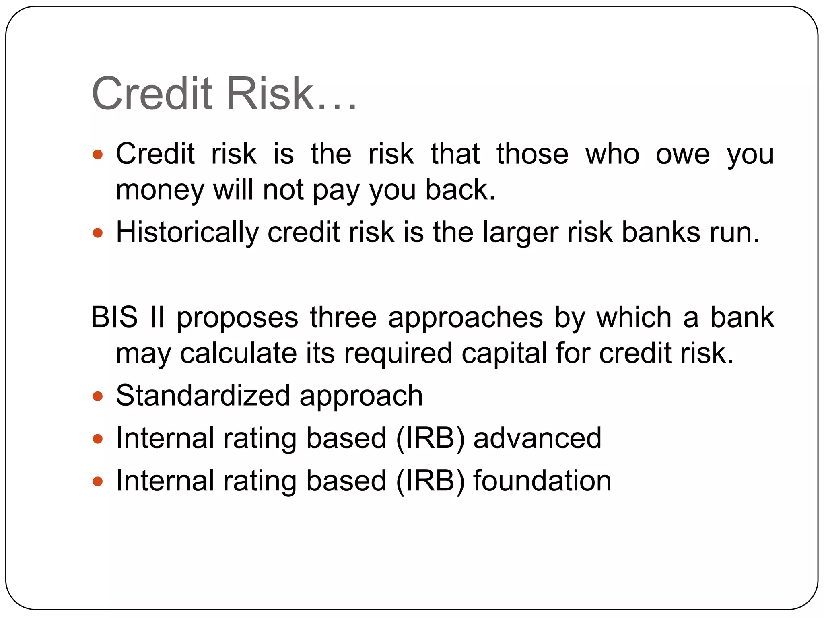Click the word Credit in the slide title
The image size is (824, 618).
pos(152,94)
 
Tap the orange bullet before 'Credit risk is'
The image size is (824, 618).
pos(98,154)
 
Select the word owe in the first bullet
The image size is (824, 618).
pos(683,154)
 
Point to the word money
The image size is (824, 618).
pos(160,190)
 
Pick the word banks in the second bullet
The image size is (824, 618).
pos(661,232)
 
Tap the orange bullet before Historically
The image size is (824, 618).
pos(98,233)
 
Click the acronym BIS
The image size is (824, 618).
pos(115,317)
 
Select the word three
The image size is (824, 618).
pos(343,317)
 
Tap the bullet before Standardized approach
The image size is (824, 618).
pos(98,397)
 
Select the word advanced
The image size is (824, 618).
pos(537,438)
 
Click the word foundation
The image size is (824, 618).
pos(542,481)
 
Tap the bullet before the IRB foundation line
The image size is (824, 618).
pos(98,481)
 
